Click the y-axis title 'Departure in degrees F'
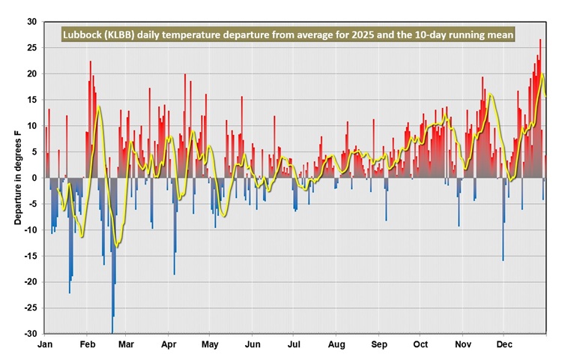coord(17,177)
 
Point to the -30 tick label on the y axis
coord(30,333)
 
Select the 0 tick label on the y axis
coord(34,178)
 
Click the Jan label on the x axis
coord(45,344)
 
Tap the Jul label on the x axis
coord(294,344)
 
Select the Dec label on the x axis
coord(504,344)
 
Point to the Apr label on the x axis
coord(169,344)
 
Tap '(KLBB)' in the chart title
coord(128,35)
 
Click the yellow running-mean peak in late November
coord(490,95)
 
